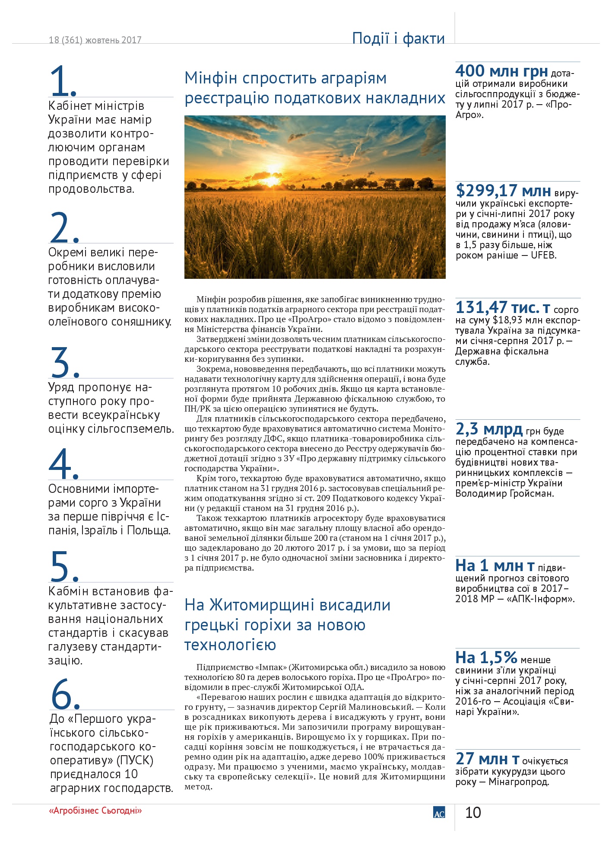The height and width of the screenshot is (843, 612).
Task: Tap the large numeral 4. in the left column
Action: (x=63, y=464)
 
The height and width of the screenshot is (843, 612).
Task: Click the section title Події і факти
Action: (x=398, y=38)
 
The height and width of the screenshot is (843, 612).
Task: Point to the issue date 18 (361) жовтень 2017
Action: (x=95, y=40)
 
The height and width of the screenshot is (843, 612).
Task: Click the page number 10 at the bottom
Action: (x=473, y=813)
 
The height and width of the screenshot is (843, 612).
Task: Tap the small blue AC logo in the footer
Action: (x=439, y=813)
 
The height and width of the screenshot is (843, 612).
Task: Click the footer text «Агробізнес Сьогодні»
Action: (x=95, y=811)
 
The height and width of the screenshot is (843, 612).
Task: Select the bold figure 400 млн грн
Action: (x=501, y=71)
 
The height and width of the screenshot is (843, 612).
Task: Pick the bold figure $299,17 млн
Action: (x=503, y=191)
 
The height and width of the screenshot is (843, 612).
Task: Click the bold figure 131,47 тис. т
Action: (x=503, y=308)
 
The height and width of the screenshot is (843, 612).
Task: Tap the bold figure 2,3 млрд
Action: (x=489, y=429)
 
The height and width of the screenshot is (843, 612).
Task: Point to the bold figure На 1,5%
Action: (x=486, y=658)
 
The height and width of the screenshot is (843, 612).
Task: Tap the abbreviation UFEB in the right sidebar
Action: (x=543, y=255)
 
